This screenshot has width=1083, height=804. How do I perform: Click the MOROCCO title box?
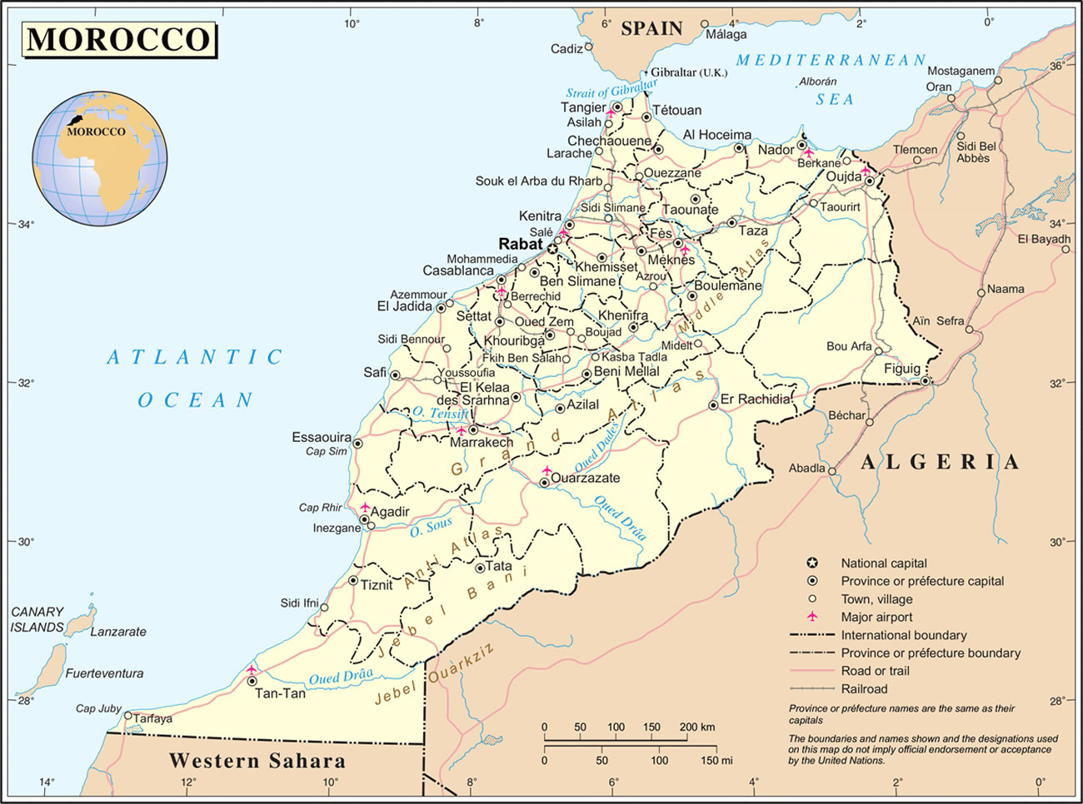coord(118,40)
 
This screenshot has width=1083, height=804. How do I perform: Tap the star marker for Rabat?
coord(552,248)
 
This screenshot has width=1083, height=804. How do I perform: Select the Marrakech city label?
coord(482,443)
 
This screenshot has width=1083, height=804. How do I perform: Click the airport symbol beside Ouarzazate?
coord(546,471)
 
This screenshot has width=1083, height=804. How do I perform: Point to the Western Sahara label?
coord(257,761)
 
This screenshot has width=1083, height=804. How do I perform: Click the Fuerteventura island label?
coord(104,673)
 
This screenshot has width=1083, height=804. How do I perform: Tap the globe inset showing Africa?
coord(99,158)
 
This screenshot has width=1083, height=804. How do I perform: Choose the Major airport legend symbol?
coord(812,617)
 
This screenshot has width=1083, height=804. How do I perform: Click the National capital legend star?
coord(812,563)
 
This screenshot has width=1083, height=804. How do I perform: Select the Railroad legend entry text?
coord(864,689)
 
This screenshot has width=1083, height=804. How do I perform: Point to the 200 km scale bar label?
coord(697,727)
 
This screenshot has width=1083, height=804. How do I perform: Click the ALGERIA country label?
coord(939,463)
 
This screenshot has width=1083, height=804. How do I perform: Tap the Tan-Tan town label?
coord(280,693)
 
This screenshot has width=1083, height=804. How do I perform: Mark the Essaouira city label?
coord(322,437)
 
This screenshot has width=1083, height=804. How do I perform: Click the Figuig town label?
coord(902,368)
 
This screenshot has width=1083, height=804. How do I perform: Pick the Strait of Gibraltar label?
coord(611,90)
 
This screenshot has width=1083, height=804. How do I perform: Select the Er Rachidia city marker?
coord(713,406)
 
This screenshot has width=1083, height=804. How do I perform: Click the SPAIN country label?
coord(651,28)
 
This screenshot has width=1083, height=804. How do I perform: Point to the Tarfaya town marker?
coord(127,716)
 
